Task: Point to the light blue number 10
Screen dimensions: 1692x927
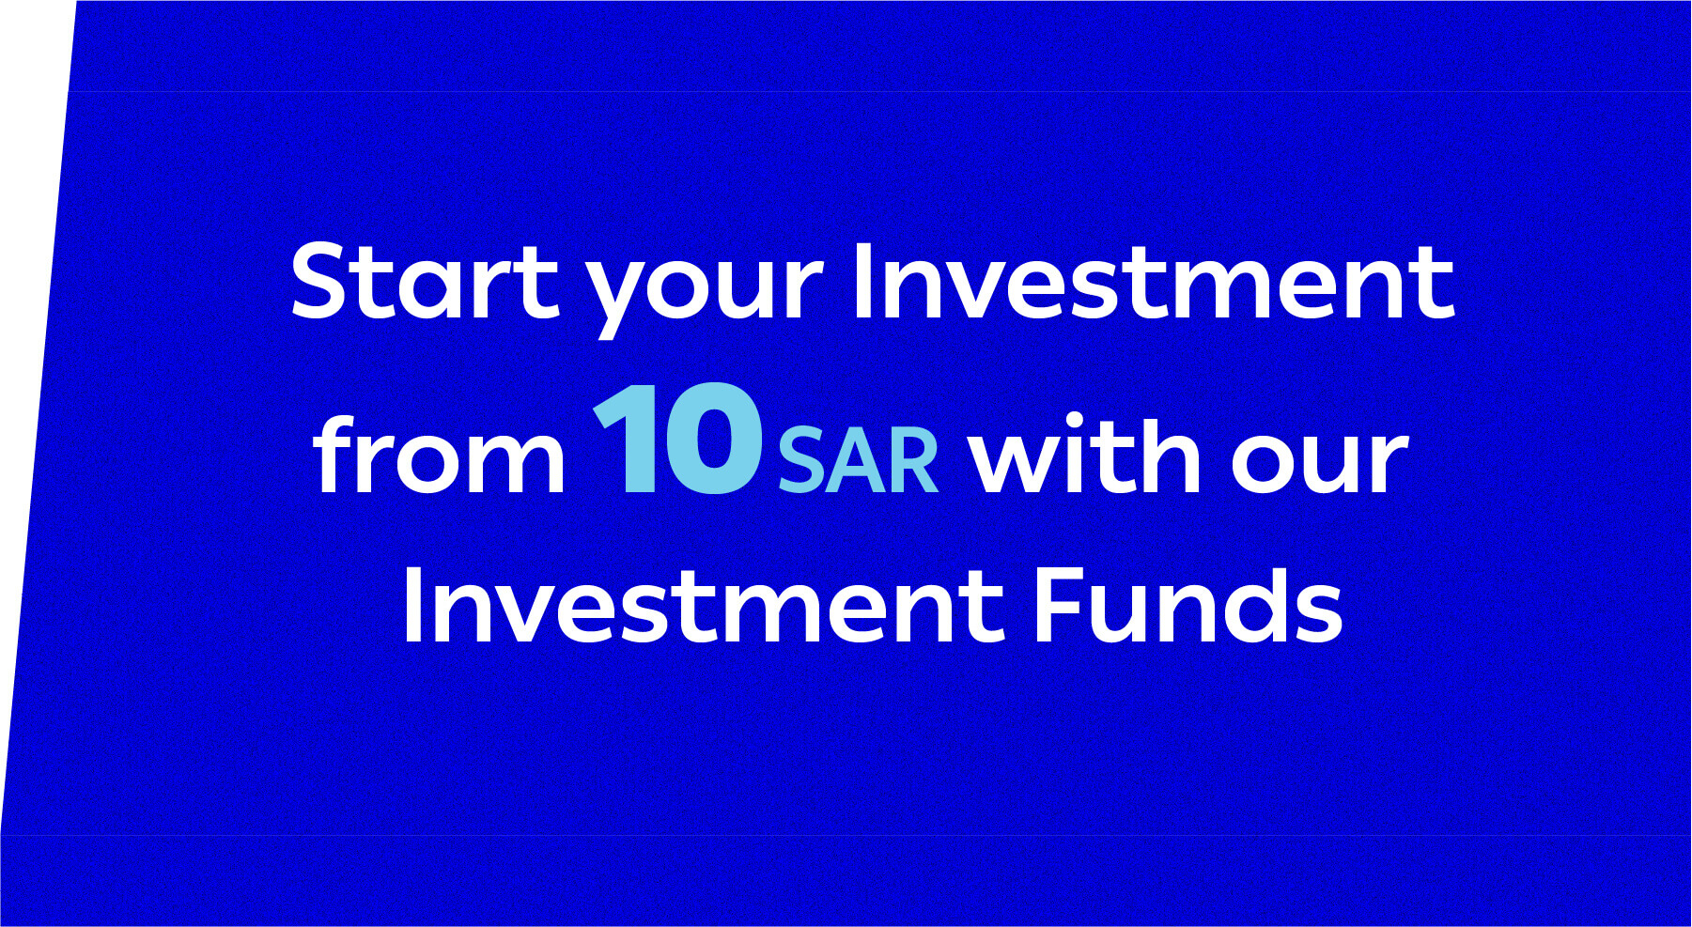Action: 676,438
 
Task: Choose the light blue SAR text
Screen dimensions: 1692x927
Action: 858,460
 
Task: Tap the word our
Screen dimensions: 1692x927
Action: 1320,464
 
